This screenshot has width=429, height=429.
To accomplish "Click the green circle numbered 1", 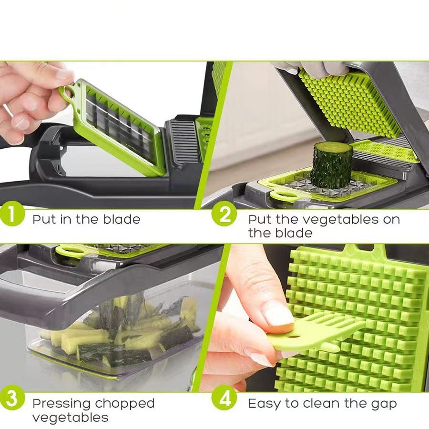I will [13, 214].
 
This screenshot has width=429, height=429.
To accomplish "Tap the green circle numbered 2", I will [224, 214].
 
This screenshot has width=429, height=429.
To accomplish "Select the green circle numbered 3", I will [12, 398].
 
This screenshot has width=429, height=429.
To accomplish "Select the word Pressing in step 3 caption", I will [61, 404].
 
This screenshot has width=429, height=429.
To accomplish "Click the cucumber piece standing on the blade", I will [332, 164].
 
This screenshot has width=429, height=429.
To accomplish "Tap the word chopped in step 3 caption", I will [125, 404].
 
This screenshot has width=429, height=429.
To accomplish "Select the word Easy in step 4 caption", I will [264, 404].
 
